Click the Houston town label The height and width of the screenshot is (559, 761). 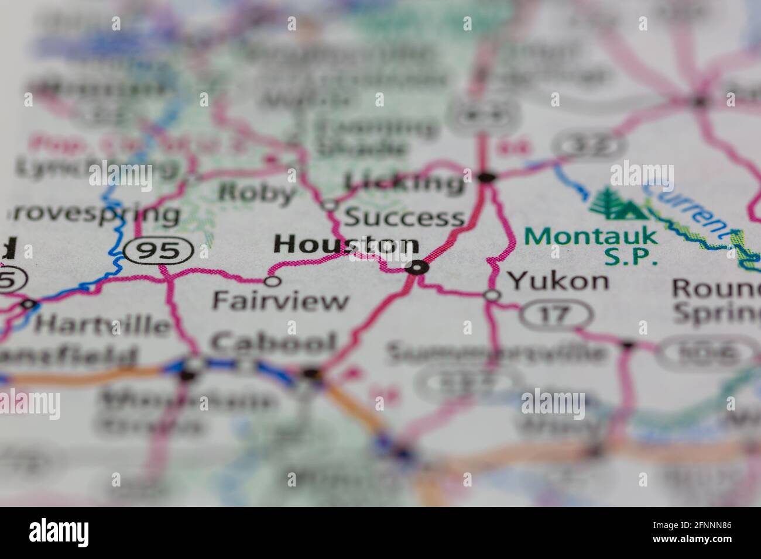pos(346,245)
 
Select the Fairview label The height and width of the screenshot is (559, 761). pos(280,301)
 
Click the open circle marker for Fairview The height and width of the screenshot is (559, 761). pos(272,281)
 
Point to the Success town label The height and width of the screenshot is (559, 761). pos(405,218)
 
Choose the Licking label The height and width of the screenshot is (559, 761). pos(404,182)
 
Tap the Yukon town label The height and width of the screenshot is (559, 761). pos(558,281)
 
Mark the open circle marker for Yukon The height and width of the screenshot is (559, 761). pos(492,295)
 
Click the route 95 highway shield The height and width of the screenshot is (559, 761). pos(159,251)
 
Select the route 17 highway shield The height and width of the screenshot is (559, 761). pos(555,316)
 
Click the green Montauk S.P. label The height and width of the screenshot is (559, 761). pos(591,246)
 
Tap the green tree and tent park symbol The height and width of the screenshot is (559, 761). pos(618,203)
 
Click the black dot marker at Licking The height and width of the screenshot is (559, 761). pos(486,175)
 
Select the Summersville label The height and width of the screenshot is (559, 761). pos(497,353)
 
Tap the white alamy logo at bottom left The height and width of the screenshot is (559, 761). pos(59,533)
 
